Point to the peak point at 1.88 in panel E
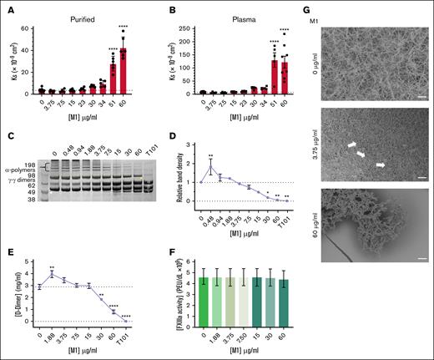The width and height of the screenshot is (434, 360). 53,274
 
